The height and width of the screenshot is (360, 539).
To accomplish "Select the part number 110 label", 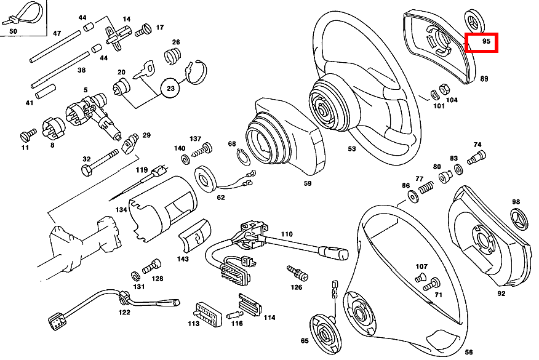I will pos(287,234).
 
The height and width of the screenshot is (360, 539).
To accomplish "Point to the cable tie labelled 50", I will pos(18,14).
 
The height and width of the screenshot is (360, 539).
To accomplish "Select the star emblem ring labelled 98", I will pos(519,220).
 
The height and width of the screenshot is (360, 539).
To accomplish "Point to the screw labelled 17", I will pos(143,28).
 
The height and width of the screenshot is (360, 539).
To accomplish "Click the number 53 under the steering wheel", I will pos(352,148).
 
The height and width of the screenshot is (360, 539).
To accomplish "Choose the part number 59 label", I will pos(307,183).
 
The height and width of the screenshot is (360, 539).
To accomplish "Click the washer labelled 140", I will pos(185,160).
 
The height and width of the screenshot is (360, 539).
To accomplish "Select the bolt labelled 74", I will pos(476,157).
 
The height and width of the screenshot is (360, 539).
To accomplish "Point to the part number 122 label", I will pos(124,312).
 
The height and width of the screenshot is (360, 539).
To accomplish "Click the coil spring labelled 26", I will pos(174,55).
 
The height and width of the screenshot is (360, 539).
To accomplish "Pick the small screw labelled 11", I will pos(28,135).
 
